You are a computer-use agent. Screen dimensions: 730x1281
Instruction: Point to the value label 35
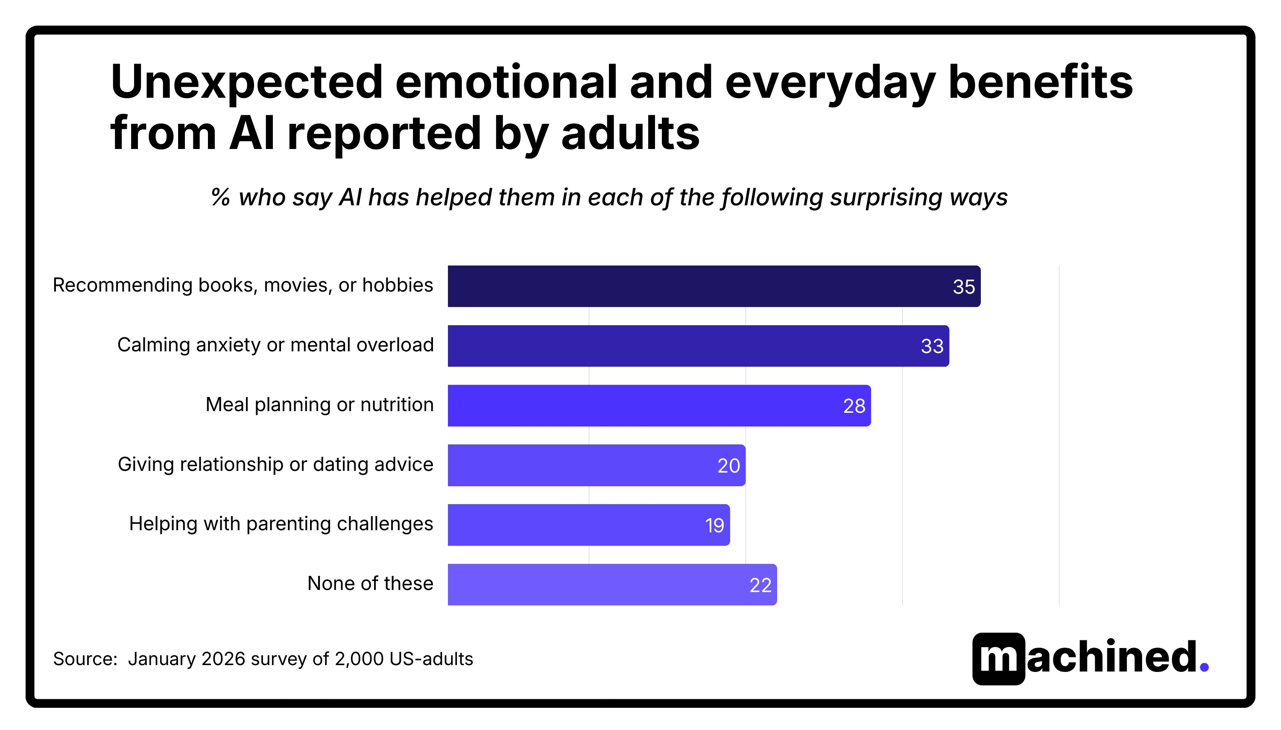coord(963,287)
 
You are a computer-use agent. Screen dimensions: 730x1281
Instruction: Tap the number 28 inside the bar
coord(854,406)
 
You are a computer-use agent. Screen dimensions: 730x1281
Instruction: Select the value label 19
coord(714,526)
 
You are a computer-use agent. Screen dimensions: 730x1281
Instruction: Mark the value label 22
coord(760,585)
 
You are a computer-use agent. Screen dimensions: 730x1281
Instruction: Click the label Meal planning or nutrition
coord(319,405)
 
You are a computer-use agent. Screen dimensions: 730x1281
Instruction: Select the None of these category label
coord(370,584)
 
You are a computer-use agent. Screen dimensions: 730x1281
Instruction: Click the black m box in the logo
coord(998,659)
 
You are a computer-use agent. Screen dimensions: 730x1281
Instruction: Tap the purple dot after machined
coord(1204,667)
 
